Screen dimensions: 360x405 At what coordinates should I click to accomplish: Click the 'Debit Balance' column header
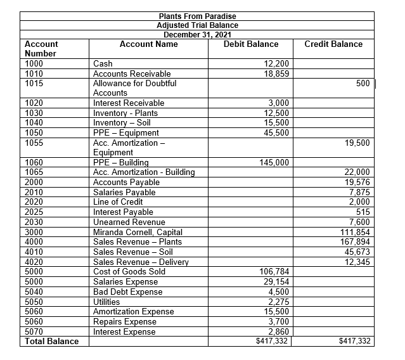click(x=251, y=44)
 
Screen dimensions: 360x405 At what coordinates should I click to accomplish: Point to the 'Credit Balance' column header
click(x=333, y=44)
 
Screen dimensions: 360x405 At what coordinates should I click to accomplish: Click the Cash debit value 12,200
click(x=276, y=63)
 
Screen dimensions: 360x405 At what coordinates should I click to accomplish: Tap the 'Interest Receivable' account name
click(x=129, y=103)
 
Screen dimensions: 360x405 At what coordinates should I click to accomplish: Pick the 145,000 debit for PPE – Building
click(x=274, y=162)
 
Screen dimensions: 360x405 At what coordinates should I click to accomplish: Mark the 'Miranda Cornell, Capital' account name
click(x=138, y=231)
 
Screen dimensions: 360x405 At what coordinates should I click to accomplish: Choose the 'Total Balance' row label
click(x=51, y=341)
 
